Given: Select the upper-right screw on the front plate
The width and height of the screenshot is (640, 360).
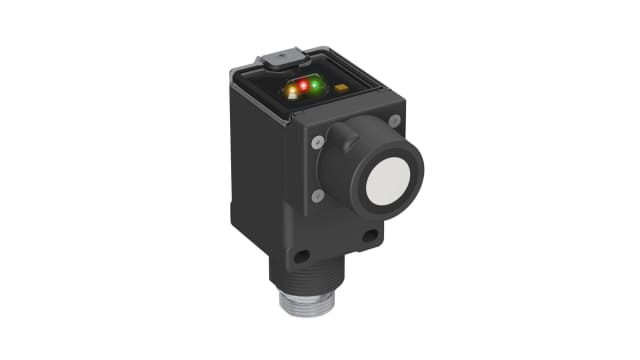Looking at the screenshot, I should tap(394, 120).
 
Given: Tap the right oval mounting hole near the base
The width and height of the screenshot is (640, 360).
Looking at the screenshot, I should tap(370, 236).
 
